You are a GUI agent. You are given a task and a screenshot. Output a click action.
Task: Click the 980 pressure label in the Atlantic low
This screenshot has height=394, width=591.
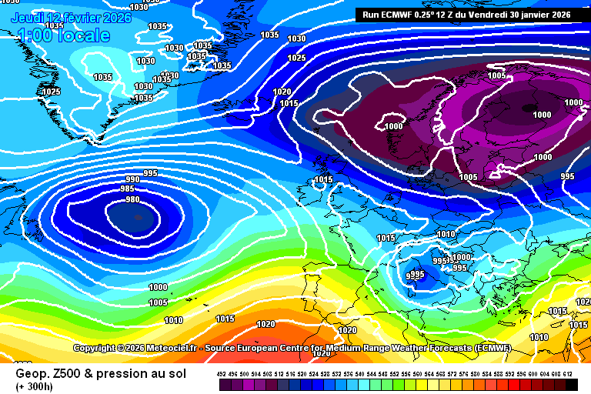132,200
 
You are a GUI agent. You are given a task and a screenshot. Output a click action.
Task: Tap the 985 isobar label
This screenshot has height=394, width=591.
128,189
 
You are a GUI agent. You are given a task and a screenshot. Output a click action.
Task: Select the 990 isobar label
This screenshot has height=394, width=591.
132,180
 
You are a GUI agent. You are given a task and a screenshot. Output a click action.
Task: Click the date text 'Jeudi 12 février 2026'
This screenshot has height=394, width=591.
72,17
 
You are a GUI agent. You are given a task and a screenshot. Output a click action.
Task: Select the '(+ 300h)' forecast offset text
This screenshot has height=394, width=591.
35,386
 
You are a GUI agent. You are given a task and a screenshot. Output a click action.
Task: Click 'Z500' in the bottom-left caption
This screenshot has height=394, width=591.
65,374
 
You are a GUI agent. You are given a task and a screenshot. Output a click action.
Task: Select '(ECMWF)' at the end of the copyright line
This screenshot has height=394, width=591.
492,349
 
